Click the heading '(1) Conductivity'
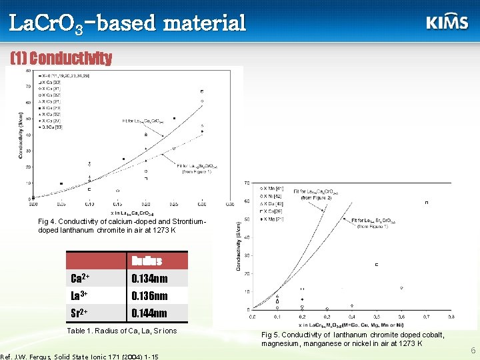click(61, 58)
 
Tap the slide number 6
click(472, 350)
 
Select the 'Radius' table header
click(145, 261)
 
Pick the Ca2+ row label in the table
click(81, 279)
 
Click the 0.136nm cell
click(149, 296)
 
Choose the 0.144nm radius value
click(149, 313)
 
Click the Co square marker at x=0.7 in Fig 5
click(427, 203)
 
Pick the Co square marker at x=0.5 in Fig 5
click(377, 265)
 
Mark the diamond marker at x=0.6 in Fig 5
click(401, 288)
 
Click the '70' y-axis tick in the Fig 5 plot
click(247, 183)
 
